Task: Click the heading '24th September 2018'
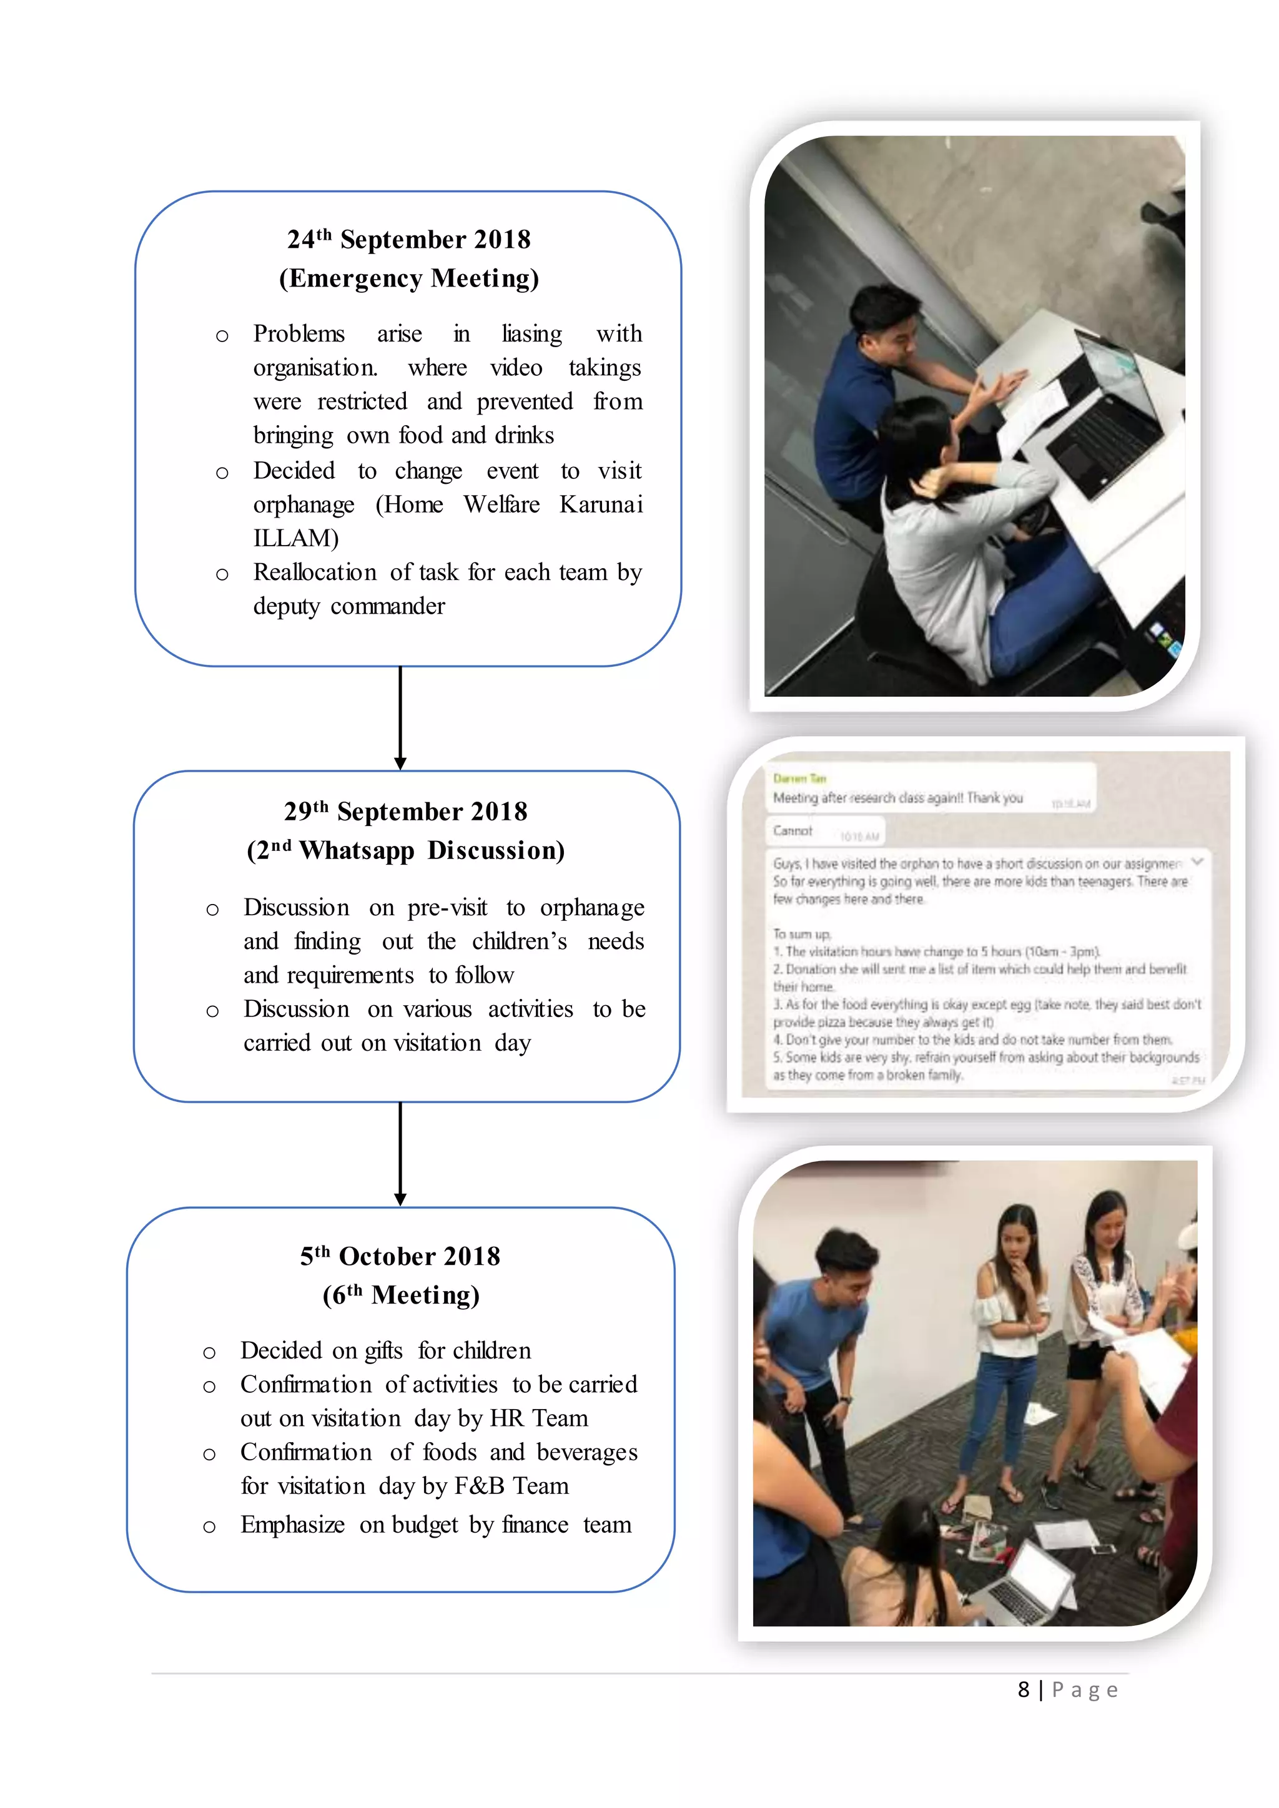(409, 239)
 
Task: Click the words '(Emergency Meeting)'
(409, 279)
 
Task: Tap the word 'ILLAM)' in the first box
(295, 539)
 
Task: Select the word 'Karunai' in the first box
(601, 505)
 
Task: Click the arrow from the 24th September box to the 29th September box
(400, 717)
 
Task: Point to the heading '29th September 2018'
(405, 812)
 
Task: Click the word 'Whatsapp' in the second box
(357, 851)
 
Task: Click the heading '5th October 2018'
(400, 1257)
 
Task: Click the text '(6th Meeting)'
(401, 1296)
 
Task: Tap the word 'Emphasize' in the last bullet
(292, 1525)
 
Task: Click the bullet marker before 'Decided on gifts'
(209, 1354)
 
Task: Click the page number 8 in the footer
(1023, 1690)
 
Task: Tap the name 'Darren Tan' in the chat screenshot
(799, 778)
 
